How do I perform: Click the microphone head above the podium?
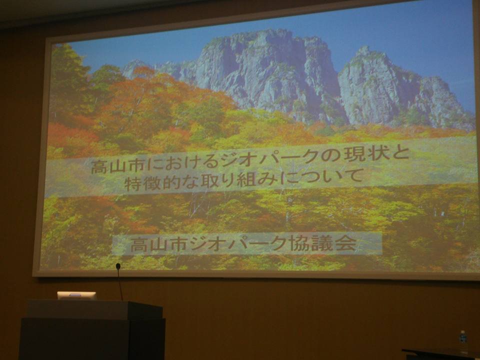click(x=118, y=266)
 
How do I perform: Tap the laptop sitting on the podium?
click(x=77, y=295)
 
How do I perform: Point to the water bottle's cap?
click(x=463, y=332)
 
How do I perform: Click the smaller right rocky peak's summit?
click(x=364, y=49)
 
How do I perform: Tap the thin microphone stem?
click(x=120, y=284)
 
